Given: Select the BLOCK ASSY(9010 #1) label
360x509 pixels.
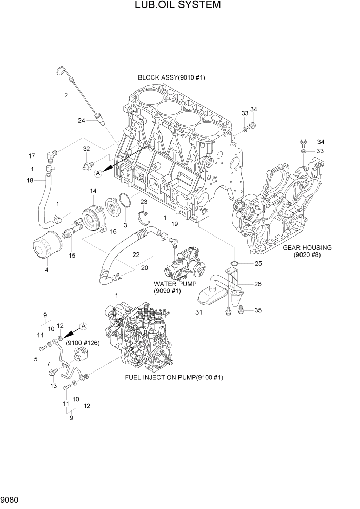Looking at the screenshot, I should pyautogui.click(x=171, y=77).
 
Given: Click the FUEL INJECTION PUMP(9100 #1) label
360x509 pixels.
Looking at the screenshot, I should pyautogui.click(x=174, y=377).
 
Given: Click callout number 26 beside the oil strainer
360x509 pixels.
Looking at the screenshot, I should pyautogui.click(x=258, y=283).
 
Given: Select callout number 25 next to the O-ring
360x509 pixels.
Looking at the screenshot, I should pyautogui.click(x=258, y=264).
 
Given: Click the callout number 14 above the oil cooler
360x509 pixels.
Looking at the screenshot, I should pyautogui.click(x=93, y=191).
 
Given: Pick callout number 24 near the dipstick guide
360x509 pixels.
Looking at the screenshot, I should pyautogui.click(x=82, y=121).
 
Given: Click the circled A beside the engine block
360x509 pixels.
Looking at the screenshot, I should pyautogui.click(x=98, y=174).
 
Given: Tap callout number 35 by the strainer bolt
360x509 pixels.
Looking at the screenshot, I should pyautogui.click(x=258, y=310).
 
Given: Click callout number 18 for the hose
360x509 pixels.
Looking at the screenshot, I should pyautogui.click(x=30, y=180).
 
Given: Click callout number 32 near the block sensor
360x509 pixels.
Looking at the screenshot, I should pyautogui.click(x=86, y=149).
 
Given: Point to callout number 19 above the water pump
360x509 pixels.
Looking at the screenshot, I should pyautogui.click(x=174, y=224).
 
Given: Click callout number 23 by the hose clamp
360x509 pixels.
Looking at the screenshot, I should pyautogui.click(x=144, y=202).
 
